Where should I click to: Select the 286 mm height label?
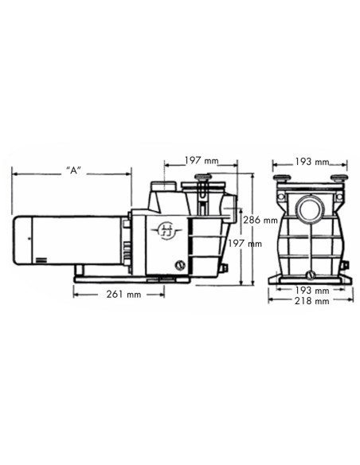260,221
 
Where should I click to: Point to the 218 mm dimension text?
311,302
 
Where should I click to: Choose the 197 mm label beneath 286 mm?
244,244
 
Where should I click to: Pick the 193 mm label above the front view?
311,162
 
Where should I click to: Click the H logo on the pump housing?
167,229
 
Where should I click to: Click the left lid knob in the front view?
282,178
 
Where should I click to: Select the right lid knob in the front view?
338,178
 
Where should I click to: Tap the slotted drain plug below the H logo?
179,265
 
